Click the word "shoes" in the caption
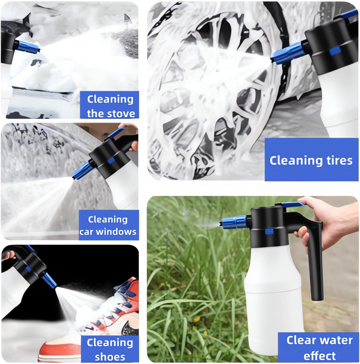coord(110,357)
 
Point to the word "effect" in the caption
coord(320,356)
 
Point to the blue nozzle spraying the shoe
coord(49,280)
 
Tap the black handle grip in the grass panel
coord(315,264)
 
